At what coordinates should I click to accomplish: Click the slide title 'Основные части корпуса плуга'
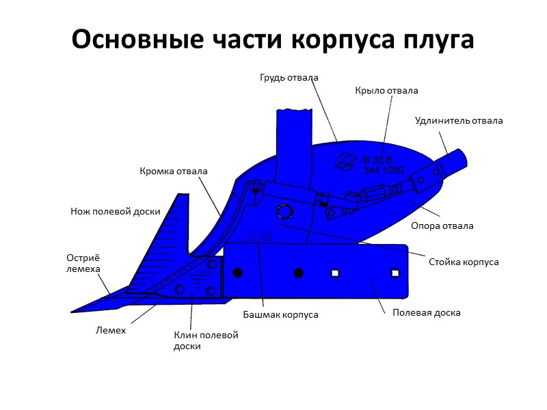click(x=273, y=40)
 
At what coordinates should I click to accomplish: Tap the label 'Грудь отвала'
click(x=289, y=77)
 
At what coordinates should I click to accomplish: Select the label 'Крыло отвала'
click(x=386, y=90)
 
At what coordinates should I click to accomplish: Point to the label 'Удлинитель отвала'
click(x=459, y=121)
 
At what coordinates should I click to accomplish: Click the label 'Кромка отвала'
click(x=174, y=171)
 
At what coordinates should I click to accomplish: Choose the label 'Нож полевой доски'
click(x=116, y=211)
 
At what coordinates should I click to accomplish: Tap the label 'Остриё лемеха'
click(x=83, y=263)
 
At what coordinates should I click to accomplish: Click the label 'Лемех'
click(x=110, y=331)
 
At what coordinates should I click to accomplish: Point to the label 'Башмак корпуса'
click(x=281, y=315)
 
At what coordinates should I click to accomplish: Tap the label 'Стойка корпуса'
click(x=464, y=262)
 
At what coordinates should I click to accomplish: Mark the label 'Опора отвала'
click(x=442, y=225)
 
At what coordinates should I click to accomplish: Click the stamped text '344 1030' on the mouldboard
click(x=384, y=170)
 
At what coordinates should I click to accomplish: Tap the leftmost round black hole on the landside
click(x=237, y=273)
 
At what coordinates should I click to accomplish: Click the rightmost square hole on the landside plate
click(x=395, y=273)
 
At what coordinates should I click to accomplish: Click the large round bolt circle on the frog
click(x=282, y=210)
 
